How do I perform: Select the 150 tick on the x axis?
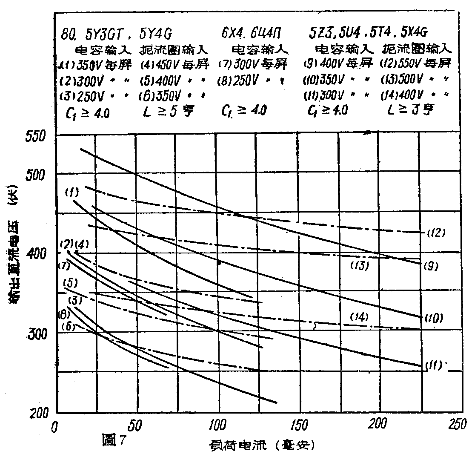coord(300,426)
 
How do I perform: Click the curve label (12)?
coord(435,233)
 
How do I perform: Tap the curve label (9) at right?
coord(431,267)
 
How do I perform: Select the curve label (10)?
coord(433,317)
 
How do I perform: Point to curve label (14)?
coord(359,317)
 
